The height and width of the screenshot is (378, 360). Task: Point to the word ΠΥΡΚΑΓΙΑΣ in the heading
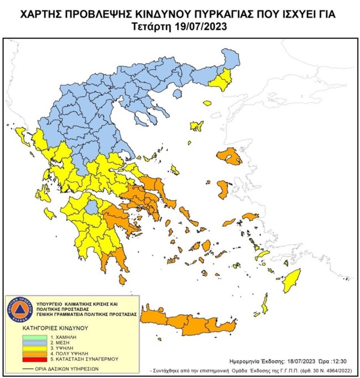coord(215,11)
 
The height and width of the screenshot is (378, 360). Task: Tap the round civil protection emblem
coord(19,309)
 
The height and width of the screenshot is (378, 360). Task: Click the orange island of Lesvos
coord(229,156)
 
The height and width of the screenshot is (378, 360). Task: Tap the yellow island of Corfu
coord(23,135)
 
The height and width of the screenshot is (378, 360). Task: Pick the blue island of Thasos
coord(177,95)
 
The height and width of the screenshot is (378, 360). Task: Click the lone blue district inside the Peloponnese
coord(92,207)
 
